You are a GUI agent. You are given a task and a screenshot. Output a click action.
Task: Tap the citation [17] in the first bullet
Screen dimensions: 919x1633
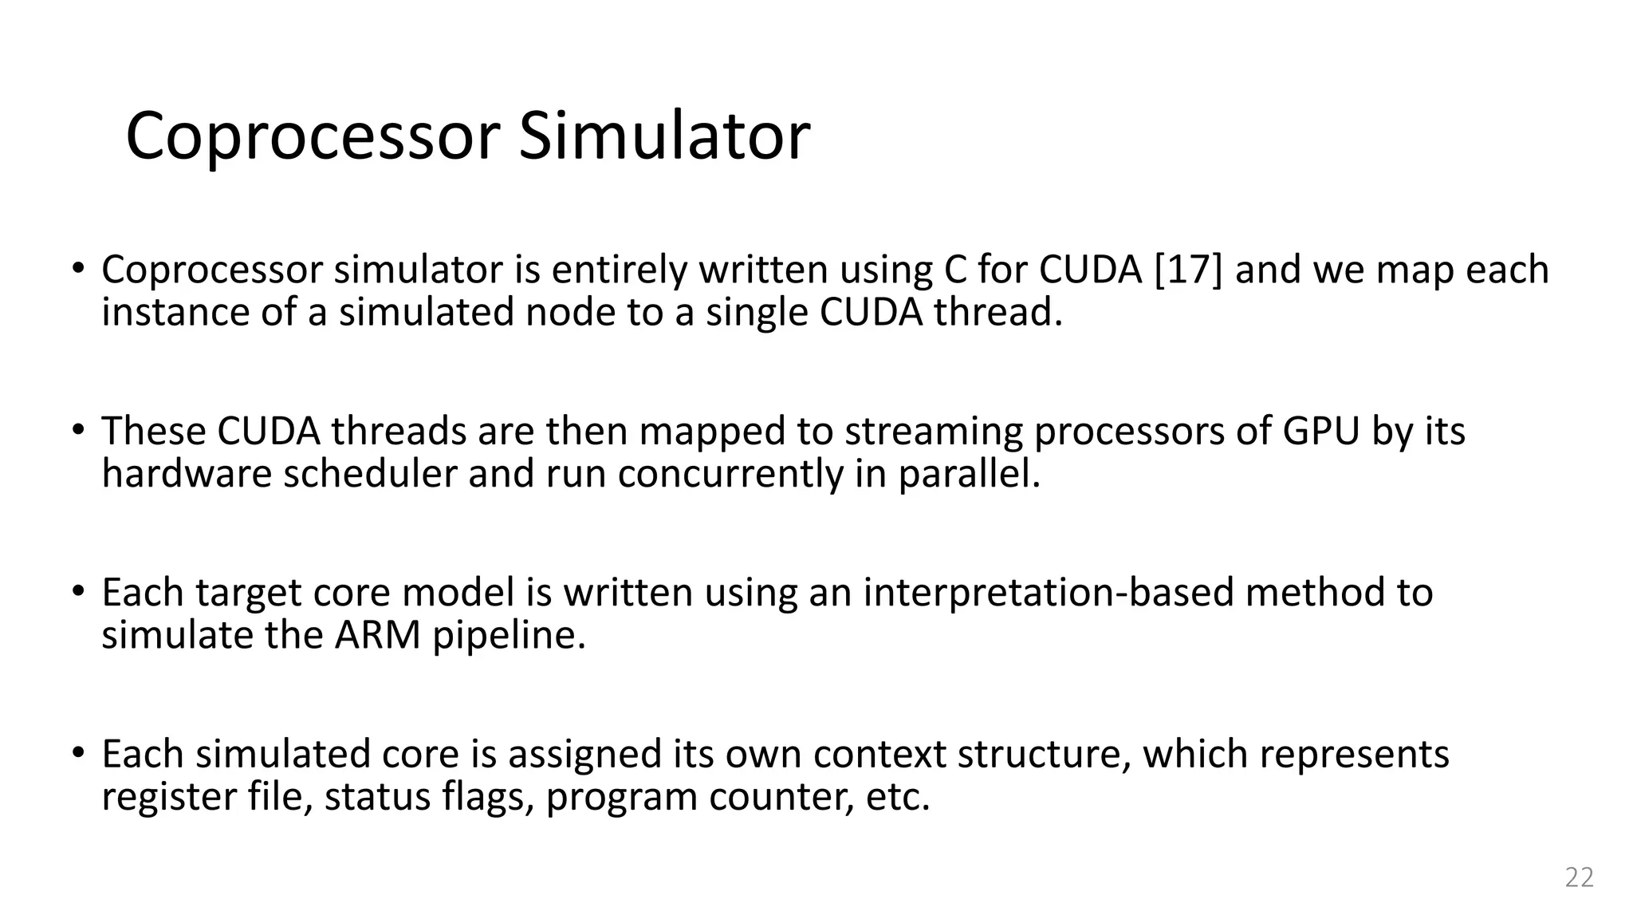1188,270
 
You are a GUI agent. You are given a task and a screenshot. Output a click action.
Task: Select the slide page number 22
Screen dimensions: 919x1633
1579,877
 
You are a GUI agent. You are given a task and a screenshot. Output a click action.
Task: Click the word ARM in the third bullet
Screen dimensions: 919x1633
377,635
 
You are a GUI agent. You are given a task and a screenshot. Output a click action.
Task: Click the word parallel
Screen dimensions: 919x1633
969,474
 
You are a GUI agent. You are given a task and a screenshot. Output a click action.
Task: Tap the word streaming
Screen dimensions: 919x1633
933,431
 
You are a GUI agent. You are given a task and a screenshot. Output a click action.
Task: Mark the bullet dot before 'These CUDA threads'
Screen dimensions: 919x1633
77,429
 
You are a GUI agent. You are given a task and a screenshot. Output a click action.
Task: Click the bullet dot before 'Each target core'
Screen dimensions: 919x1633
77,591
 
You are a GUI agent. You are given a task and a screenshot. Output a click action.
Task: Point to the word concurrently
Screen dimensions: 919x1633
730,474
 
